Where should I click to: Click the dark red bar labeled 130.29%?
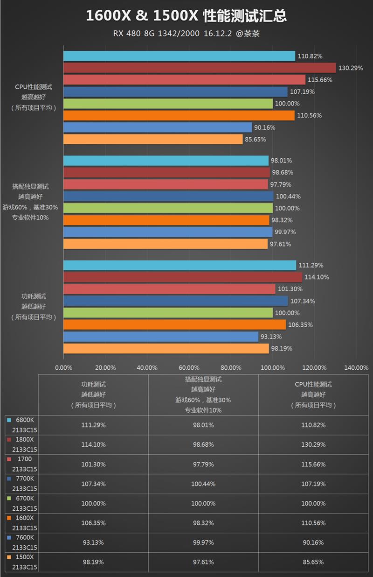(x=199, y=68)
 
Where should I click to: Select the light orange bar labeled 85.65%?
(x=153, y=139)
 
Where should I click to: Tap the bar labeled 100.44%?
(x=168, y=196)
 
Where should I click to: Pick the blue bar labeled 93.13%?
(x=160, y=337)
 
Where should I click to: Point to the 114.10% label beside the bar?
(x=317, y=277)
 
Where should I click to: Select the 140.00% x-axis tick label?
(x=356, y=367)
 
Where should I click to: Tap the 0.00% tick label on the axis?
(x=63, y=367)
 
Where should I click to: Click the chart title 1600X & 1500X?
(x=186, y=17)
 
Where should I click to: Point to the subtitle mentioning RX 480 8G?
(x=186, y=34)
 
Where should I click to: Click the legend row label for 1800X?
(x=25, y=439)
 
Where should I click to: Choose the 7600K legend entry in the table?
(x=25, y=537)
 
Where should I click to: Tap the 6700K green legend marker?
(x=9, y=499)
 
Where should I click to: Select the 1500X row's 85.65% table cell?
(x=313, y=562)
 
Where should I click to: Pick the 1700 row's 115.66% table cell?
(x=313, y=464)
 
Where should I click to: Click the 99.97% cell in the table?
(x=203, y=542)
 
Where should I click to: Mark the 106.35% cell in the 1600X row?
(x=93, y=523)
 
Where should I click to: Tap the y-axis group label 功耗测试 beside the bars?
(x=34, y=296)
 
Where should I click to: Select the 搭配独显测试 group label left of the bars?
(x=31, y=186)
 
